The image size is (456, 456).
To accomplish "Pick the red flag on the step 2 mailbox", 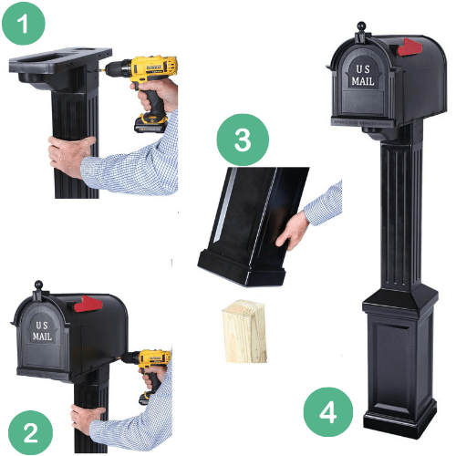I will point(86,305).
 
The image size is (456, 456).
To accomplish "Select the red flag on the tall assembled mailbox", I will point(408,47).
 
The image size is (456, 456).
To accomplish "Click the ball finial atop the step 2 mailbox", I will point(38,287).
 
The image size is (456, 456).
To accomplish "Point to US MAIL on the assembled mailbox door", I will point(363,76).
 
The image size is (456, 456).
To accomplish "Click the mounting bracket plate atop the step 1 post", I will point(59,63).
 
